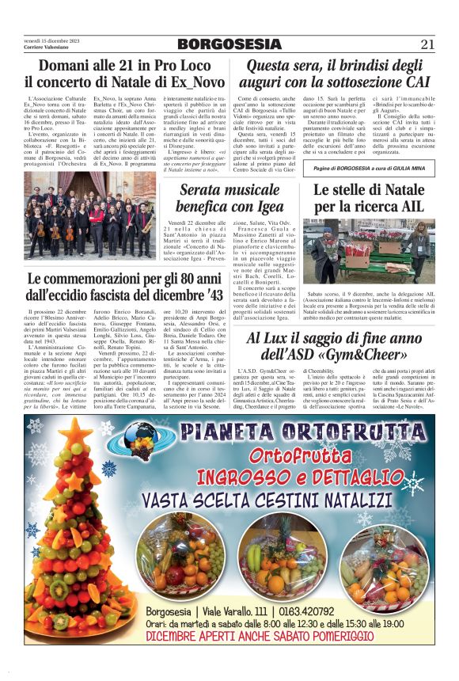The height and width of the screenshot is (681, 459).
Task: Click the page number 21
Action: point(427,44)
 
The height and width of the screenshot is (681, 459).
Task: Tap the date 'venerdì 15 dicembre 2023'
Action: point(47,40)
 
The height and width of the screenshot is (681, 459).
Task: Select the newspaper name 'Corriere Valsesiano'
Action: point(43,48)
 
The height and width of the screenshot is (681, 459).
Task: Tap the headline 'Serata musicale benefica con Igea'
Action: point(229,200)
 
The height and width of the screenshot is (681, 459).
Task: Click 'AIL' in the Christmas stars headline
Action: point(405,208)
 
